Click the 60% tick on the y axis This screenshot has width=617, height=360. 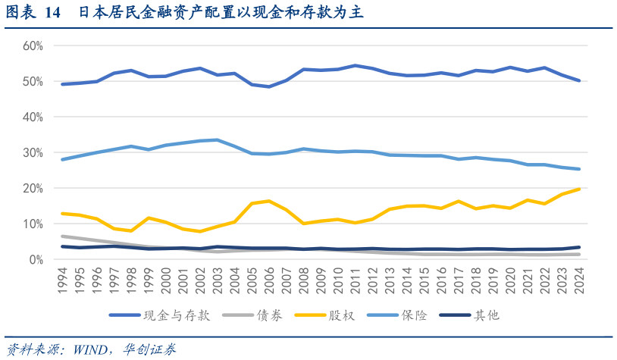click(x=33, y=45)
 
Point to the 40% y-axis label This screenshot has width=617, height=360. click(x=33, y=117)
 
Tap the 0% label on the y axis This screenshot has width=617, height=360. click(x=36, y=260)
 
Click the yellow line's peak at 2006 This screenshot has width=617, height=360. click(x=269, y=201)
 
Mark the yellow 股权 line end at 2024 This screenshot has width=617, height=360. click(x=579, y=189)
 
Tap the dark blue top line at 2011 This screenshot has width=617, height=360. click(x=355, y=66)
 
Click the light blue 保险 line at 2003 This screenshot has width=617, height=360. click(x=218, y=139)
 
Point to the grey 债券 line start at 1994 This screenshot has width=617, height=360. click(x=63, y=236)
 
